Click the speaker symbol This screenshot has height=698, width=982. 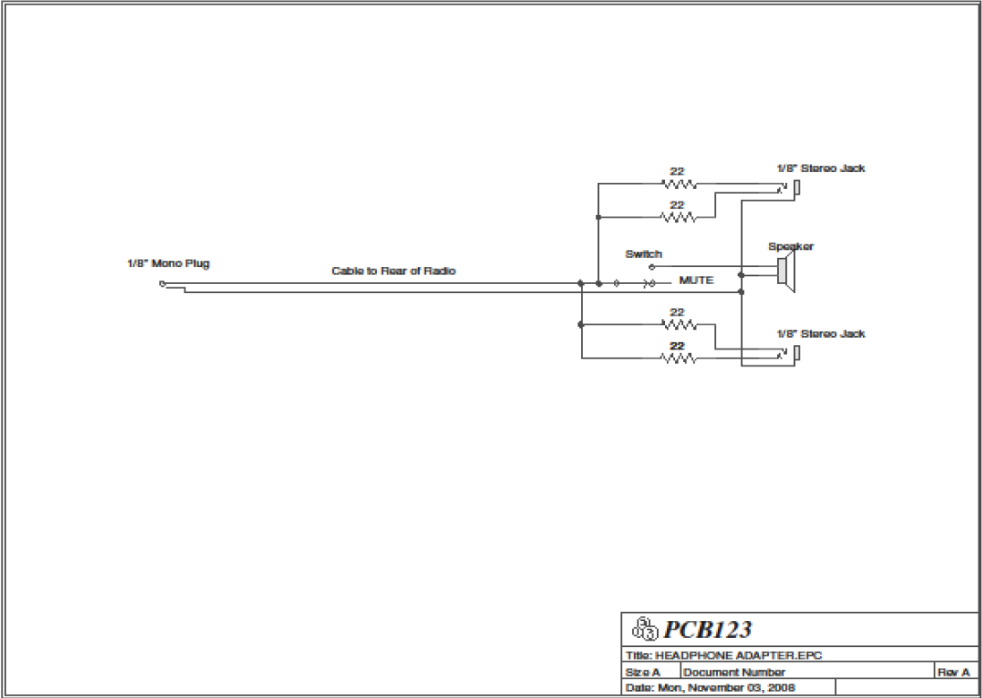[785, 271]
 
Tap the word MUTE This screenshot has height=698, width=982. [696, 280]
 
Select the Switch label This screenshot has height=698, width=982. [644, 254]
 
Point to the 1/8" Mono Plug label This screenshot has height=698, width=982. [168, 263]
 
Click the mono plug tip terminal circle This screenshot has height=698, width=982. [162, 283]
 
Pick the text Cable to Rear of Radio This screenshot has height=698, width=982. [395, 271]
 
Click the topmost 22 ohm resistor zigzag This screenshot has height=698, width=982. [679, 185]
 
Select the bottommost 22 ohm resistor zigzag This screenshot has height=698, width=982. [679, 358]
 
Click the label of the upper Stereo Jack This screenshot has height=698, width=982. [820, 168]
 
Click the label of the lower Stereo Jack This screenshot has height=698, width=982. [820, 333]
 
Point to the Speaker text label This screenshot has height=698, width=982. [790, 246]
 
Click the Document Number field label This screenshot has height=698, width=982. [734, 671]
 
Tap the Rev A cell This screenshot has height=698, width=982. [953, 671]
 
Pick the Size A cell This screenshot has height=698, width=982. [642, 671]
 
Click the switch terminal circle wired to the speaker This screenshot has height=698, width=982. [652, 267]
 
